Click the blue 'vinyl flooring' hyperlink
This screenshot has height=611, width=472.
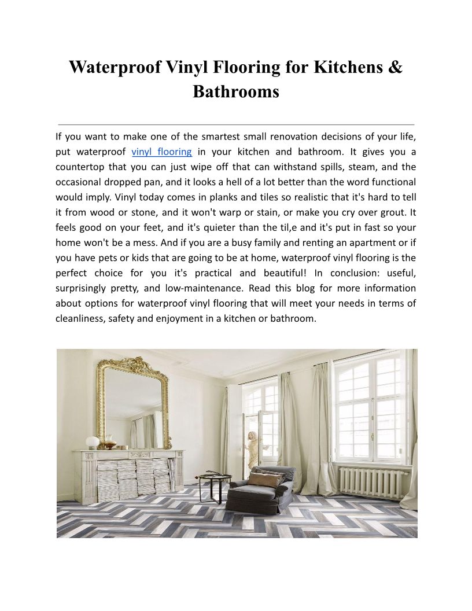[x=162, y=152]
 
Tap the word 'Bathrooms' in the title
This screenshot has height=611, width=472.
[x=236, y=91]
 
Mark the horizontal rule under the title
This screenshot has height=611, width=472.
[x=236, y=124]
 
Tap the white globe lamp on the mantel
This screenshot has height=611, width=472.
[x=93, y=442]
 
